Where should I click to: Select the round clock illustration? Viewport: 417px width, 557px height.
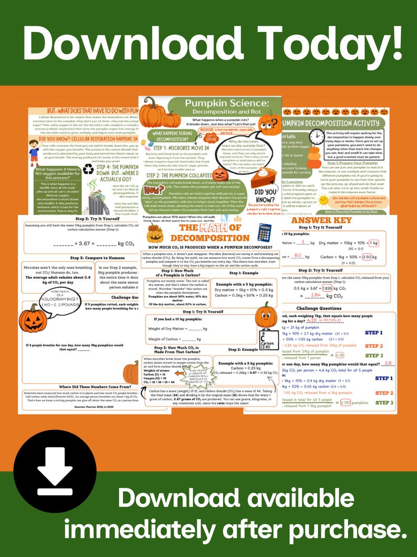point(317,137)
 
